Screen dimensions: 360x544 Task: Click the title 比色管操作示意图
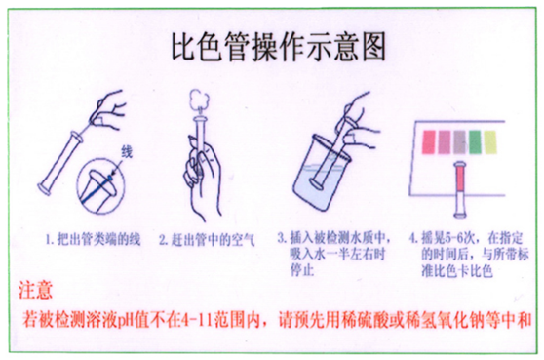273,46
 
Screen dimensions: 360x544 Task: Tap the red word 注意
37,291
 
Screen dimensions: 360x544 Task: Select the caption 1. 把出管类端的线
91,238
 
